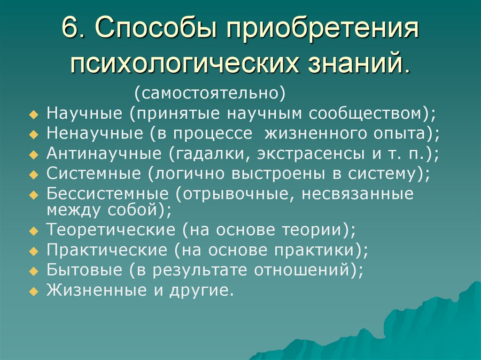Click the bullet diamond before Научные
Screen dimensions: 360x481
pos(33,115)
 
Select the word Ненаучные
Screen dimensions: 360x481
pos(96,133)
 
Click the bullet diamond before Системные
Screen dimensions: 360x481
pos(33,174)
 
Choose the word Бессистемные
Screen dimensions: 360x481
pos(108,194)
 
